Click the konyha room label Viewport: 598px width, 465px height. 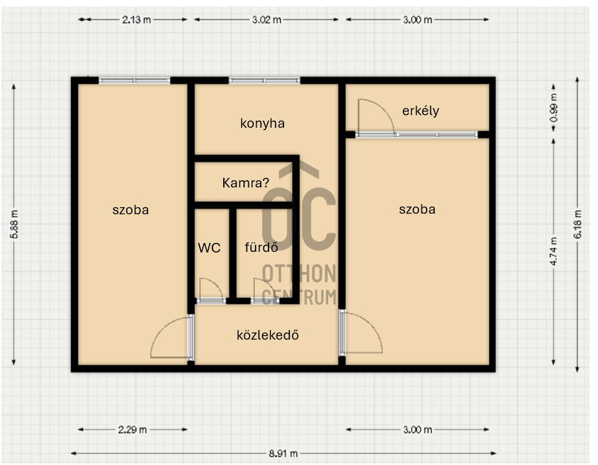[x=263, y=124]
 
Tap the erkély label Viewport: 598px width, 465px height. [x=421, y=111]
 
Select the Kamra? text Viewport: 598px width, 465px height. [x=246, y=183]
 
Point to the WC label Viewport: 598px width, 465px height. [x=209, y=248]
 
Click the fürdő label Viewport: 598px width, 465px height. [x=261, y=248]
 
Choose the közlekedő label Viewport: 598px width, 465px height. [x=268, y=335]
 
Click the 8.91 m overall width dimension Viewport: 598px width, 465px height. [x=283, y=454]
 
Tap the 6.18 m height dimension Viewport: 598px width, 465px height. [x=578, y=224]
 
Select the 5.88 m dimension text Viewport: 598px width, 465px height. [x=14, y=224]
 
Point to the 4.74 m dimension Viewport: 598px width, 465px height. [x=554, y=251]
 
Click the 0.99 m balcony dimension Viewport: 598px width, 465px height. [x=554, y=108]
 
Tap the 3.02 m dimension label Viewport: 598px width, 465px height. [x=267, y=20]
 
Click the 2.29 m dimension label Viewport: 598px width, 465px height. [x=132, y=430]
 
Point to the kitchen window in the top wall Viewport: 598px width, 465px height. [x=264, y=81]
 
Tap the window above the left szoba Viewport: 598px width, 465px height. [x=134, y=81]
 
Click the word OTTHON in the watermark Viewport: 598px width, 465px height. [x=299, y=273]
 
